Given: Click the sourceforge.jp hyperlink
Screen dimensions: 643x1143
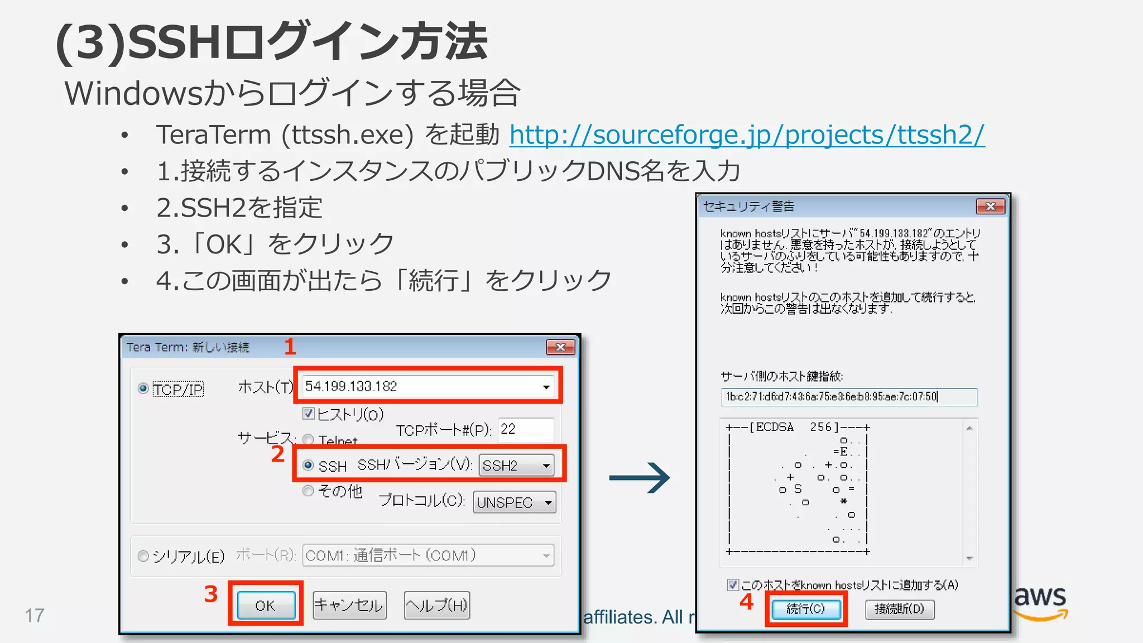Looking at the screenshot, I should pyautogui.click(x=747, y=135).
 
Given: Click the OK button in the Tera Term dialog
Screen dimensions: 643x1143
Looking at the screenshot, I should pyautogui.click(x=266, y=605).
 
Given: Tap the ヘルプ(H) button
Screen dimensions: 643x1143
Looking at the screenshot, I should pyautogui.click(x=436, y=605).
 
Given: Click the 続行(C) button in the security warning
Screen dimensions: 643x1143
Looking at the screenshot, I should pyautogui.click(x=805, y=608).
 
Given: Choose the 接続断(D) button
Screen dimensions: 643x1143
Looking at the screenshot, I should pyautogui.click(x=899, y=608).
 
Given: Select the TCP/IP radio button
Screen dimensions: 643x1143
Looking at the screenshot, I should pyautogui.click(x=143, y=388).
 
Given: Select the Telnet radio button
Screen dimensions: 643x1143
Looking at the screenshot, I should pyautogui.click(x=308, y=440).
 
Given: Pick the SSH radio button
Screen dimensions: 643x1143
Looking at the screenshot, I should pyautogui.click(x=308, y=465).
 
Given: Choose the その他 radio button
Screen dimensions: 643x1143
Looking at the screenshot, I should pyautogui.click(x=308, y=491).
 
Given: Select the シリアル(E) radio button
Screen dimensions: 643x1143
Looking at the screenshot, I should pyautogui.click(x=143, y=556).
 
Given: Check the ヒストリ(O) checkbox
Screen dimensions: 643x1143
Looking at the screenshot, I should pyautogui.click(x=308, y=414).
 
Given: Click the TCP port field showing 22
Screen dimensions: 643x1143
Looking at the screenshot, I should pyautogui.click(x=525, y=429).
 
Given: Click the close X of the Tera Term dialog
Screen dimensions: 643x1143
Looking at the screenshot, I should pyautogui.click(x=560, y=347).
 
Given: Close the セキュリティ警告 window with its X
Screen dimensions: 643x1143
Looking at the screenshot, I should pyautogui.click(x=990, y=207).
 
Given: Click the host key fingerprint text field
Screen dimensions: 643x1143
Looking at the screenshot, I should pyautogui.click(x=848, y=397).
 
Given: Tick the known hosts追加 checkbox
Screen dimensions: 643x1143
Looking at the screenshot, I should pyautogui.click(x=733, y=584).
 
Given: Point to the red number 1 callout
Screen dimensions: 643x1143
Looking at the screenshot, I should pyautogui.click(x=290, y=347).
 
